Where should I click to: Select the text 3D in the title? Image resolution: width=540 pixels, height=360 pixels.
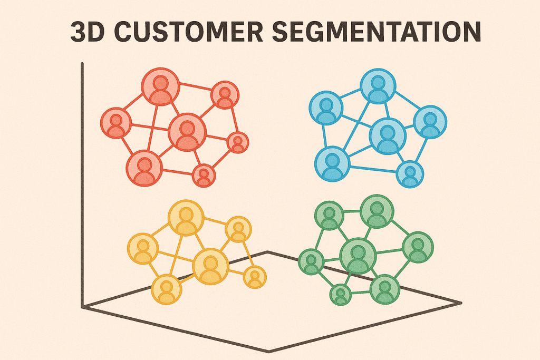(x=87, y=32)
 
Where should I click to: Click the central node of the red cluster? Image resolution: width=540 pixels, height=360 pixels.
(x=187, y=132)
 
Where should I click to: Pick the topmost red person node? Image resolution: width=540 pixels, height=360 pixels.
(x=161, y=86)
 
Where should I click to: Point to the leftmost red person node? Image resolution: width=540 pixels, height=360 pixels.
(x=115, y=123)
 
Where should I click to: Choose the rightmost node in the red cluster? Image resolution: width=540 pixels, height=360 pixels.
(x=238, y=142)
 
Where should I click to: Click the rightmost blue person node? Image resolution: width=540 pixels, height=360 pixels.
(x=430, y=122)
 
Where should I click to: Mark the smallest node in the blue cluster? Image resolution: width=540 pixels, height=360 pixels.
(x=409, y=173)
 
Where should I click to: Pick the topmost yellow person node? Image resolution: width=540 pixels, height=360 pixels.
(x=186, y=218)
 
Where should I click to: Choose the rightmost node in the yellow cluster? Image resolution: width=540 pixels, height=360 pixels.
(x=255, y=277)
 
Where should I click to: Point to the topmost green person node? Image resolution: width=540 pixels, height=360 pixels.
(x=377, y=211)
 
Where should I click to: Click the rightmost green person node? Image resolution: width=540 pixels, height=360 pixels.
(x=418, y=247)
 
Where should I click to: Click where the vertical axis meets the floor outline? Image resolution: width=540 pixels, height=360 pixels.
(x=83, y=306)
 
